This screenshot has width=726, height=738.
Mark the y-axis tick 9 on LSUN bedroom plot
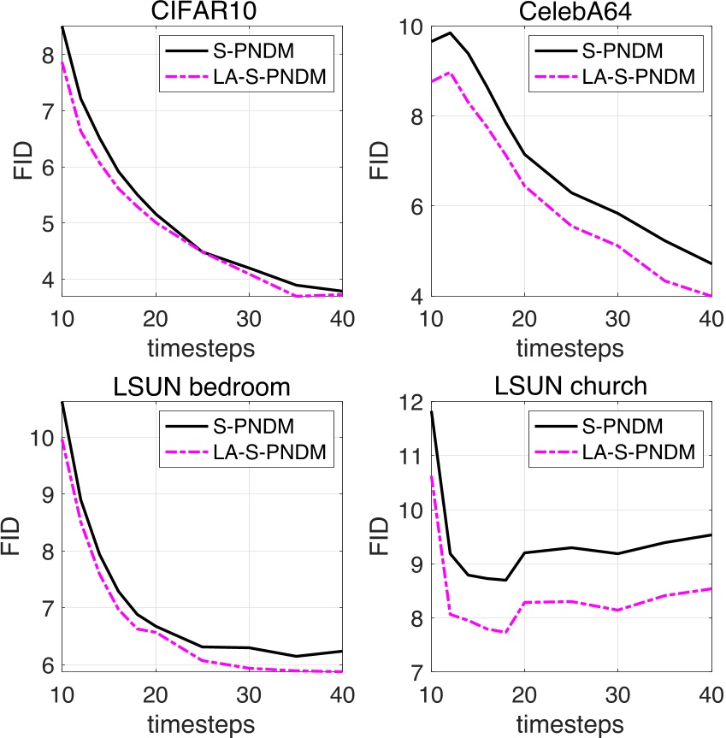tap(48, 494)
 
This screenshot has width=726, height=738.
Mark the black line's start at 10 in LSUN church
tap(432, 411)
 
